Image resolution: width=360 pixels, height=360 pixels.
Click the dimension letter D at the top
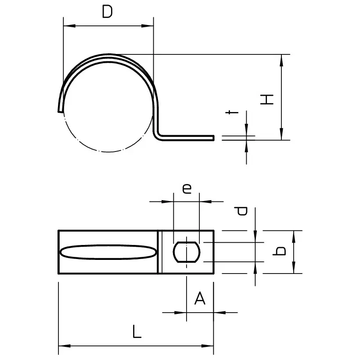(107, 12)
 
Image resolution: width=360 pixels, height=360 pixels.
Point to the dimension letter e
(187, 189)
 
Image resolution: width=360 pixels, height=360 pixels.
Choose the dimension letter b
(279, 251)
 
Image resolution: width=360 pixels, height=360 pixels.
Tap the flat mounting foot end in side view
(212, 138)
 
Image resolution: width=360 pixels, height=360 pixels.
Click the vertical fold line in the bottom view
(160, 252)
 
